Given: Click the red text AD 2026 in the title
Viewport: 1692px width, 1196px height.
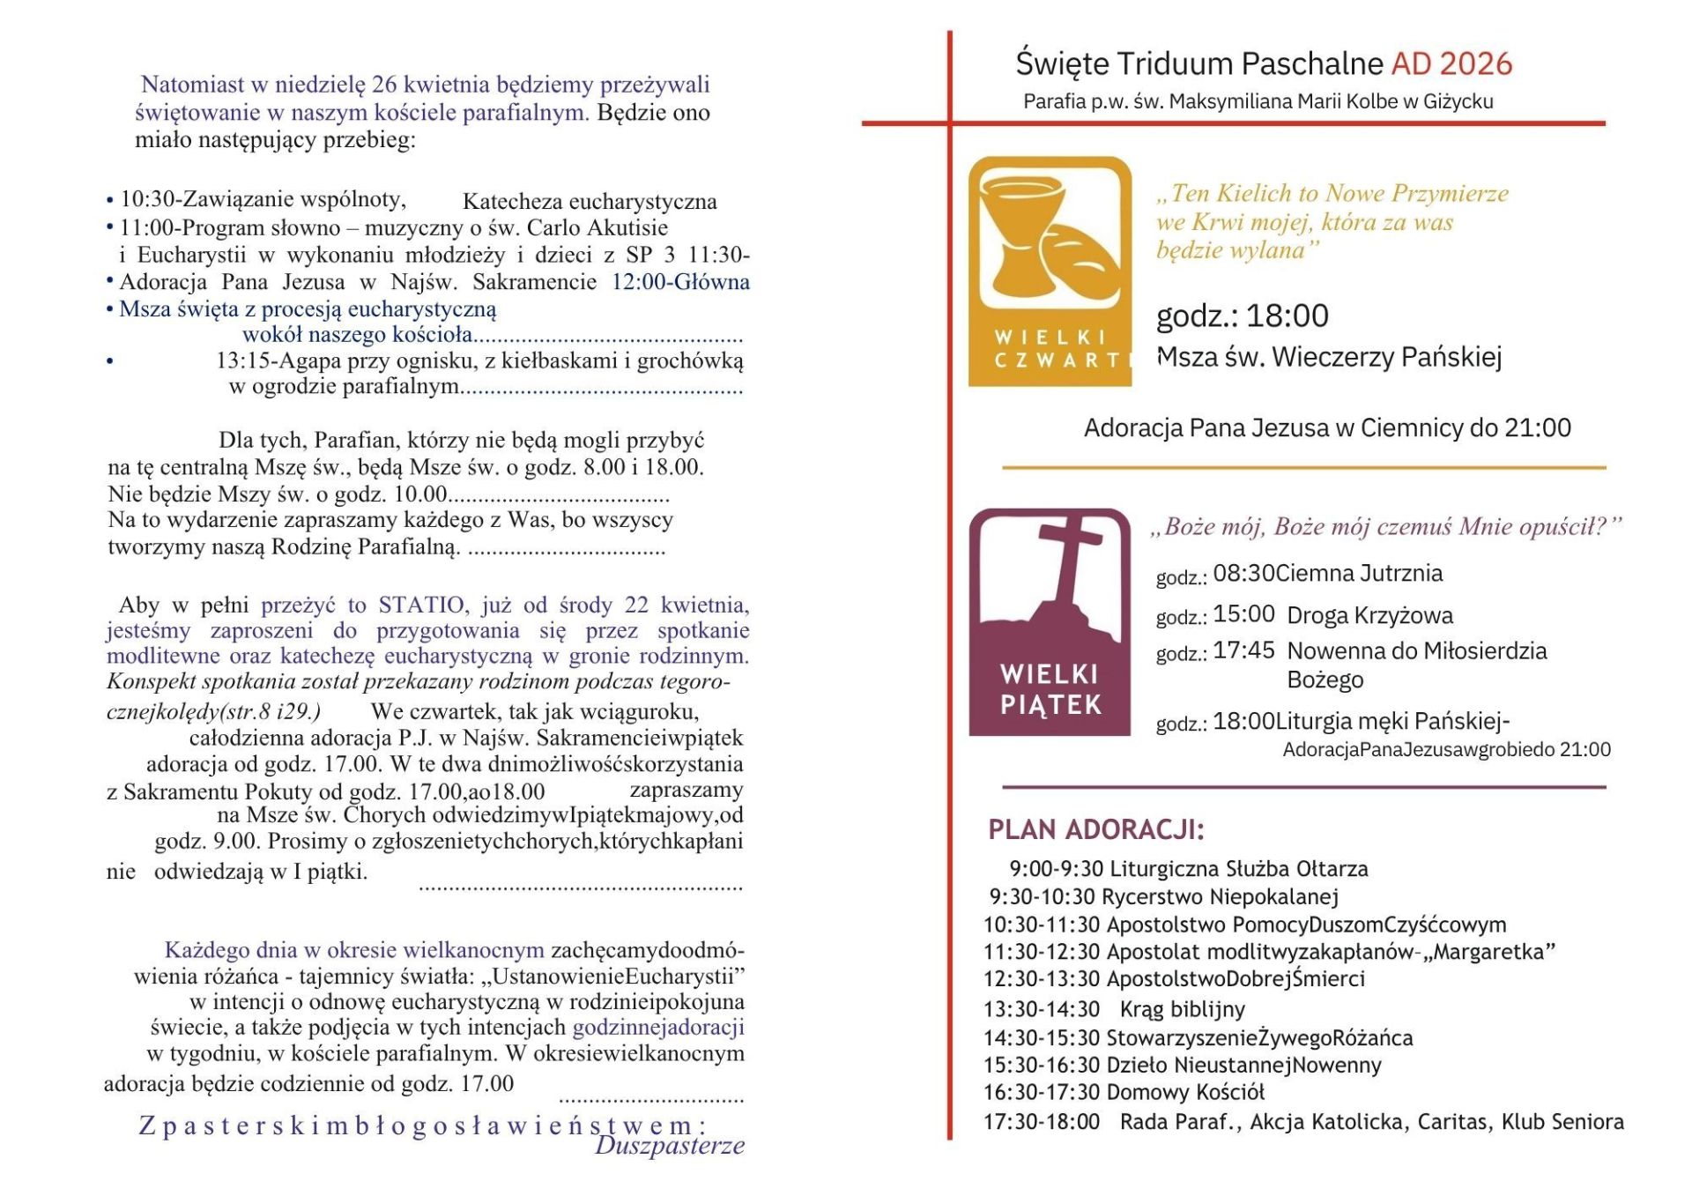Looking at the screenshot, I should pyautogui.click(x=1451, y=63).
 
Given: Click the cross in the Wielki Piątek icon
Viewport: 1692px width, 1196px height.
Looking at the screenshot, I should pyautogui.click(x=1070, y=564).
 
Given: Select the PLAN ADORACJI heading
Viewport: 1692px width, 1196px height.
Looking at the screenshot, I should pyautogui.click(x=1095, y=829).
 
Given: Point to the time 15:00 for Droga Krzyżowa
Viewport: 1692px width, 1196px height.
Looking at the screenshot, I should pyautogui.click(x=1243, y=613).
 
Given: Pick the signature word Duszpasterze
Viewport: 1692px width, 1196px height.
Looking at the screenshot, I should pyautogui.click(x=670, y=1145).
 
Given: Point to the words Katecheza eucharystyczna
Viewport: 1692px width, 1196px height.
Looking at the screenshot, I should pyautogui.click(x=590, y=202).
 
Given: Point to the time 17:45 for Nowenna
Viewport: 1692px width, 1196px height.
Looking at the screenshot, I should pyautogui.click(x=1243, y=650).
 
